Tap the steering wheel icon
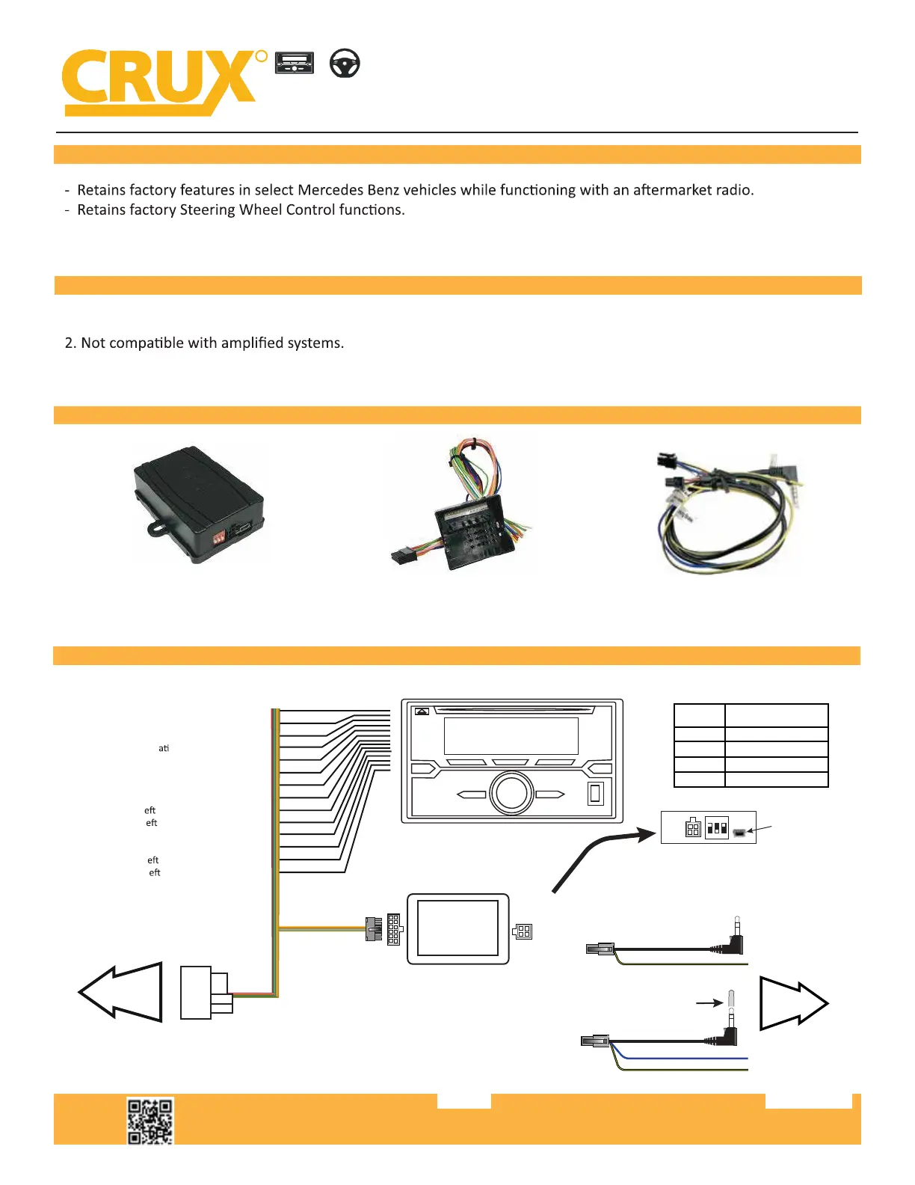tap(345, 64)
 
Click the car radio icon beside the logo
tap(295, 63)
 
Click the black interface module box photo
tap(199, 503)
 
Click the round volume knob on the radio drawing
tap(511, 792)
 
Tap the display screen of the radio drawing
tap(511, 735)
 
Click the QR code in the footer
tap(150, 1121)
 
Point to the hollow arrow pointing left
tap(122, 991)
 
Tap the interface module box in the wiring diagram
tap(457, 928)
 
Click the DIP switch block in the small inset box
tap(717, 828)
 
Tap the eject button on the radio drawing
tap(422, 711)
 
